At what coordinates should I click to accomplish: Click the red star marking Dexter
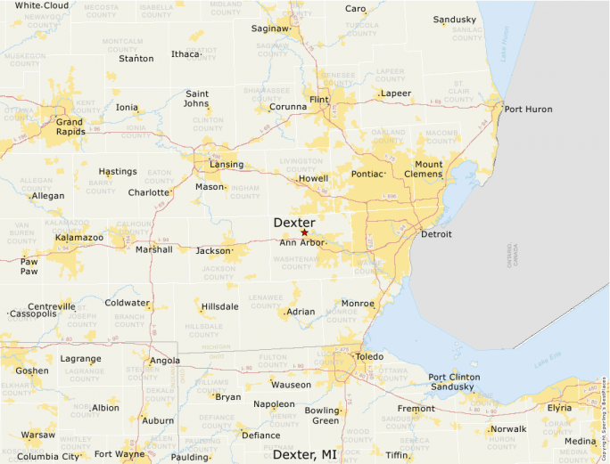pyautogui.click(x=304, y=232)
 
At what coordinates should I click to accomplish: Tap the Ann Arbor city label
pyautogui.click(x=302, y=242)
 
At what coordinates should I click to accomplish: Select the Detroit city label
pyautogui.click(x=436, y=234)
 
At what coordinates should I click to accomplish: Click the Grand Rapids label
pyautogui.click(x=70, y=126)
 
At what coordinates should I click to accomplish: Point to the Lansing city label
pyautogui.click(x=227, y=165)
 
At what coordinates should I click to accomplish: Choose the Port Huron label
pyautogui.click(x=528, y=110)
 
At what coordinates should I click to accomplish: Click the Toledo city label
pyautogui.click(x=369, y=356)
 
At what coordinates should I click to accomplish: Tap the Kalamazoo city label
pyautogui.click(x=79, y=238)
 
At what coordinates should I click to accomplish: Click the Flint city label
pyautogui.click(x=318, y=99)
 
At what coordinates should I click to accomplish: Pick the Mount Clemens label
pyautogui.click(x=428, y=169)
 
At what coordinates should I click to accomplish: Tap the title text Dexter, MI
pyautogui.click(x=305, y=454)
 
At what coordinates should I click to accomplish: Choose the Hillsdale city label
pyautogui.click(x=219, y=306)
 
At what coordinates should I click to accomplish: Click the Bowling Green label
pyautogui.click(x=323, y=415)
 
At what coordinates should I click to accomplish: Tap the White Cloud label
pyautogui.click(x=41, y=5)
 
